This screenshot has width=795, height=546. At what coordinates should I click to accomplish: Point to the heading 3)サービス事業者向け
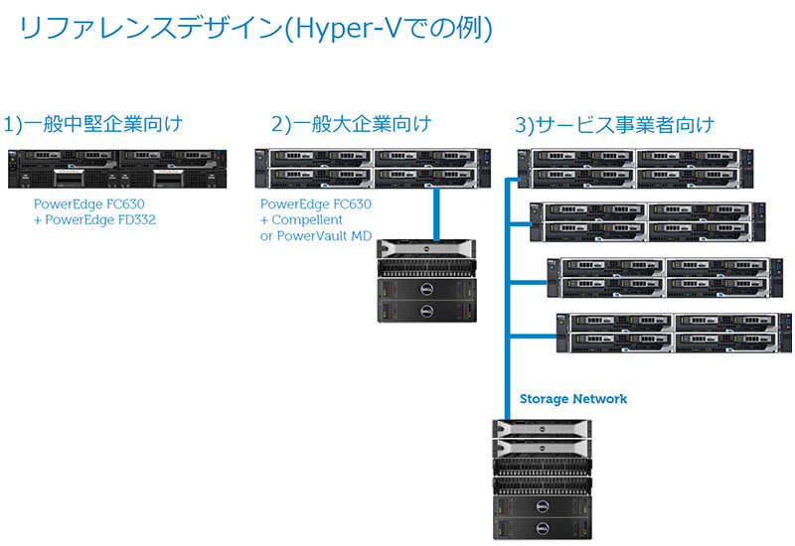click(x=614, y=125)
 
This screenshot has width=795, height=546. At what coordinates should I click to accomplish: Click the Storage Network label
click(x=573, y=399)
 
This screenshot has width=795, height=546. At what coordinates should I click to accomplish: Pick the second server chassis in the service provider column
click(x=653, y=221)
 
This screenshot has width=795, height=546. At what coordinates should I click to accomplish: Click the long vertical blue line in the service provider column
click(x=509, y=298)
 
